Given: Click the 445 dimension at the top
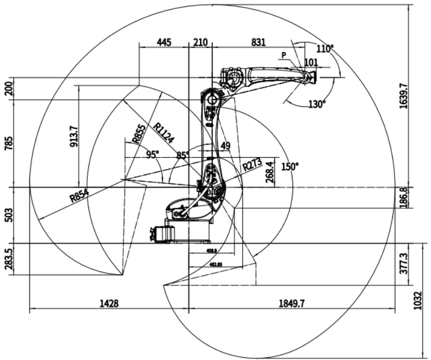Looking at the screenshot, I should click(x=164, y=41).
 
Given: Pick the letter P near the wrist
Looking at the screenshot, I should click(x=284, y=55).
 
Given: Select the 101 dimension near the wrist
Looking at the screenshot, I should click(x=310, y=62).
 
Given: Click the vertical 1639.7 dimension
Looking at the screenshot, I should click(x=403, y=96).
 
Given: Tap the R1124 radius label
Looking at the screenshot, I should click(x=164, y=132).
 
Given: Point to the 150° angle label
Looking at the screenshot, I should click(x=290, y=166).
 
